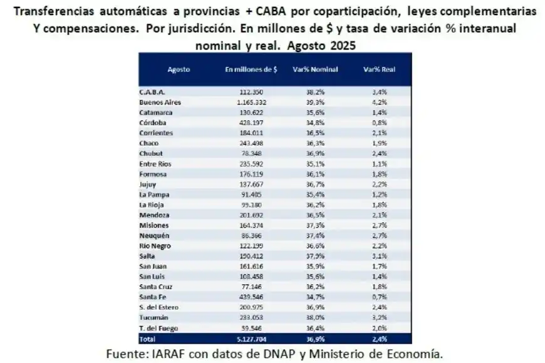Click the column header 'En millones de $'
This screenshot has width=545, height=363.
(x=251, y=69)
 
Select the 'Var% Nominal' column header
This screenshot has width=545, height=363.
(x=315, y=69)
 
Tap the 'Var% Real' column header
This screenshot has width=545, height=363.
(x=378, y=69)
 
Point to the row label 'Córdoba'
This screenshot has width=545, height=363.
(x=152, y=123)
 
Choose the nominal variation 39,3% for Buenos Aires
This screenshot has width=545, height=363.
(x=316, y=102)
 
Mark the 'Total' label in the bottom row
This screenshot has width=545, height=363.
(x=147, y=339)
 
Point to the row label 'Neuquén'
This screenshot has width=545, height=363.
(x=153, y=235)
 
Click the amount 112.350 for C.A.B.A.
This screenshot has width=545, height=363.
(x=254, y=91)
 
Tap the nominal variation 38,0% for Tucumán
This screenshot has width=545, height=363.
(x=316, y=317)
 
